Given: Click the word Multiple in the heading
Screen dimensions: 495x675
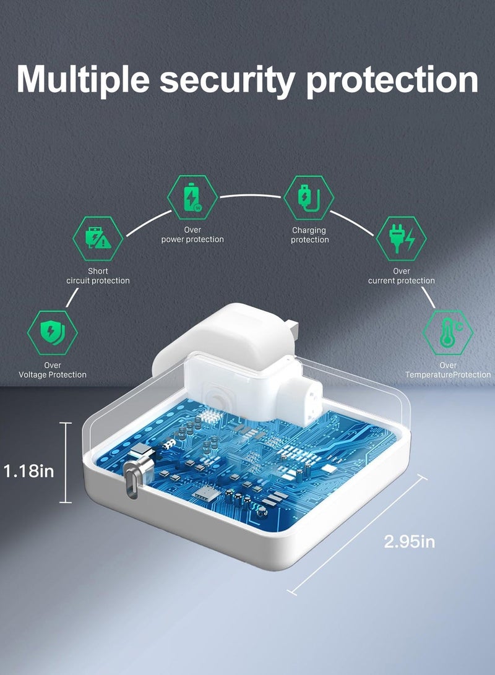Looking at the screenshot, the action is [x=83, y=80].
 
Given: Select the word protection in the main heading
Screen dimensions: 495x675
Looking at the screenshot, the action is [x=392, y=80].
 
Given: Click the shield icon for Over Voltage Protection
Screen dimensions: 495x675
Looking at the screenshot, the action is [x=53, y=332].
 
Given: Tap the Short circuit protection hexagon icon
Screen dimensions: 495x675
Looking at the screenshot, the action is [x=98, y=238].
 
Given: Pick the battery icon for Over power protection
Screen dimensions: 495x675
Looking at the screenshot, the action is [x=192, y=197].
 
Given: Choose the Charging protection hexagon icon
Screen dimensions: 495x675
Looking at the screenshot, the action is [x=309, y=197].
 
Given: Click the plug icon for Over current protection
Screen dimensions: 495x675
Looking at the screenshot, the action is [x=401, y=238].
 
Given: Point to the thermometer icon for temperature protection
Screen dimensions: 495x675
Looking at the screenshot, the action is [x=448, y=332].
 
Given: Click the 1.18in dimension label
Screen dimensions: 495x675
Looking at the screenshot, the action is [x=29, y=471].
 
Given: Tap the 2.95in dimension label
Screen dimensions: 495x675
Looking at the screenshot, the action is [x=410, y=541].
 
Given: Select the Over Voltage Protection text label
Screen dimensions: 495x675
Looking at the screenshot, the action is [x=53, y=370].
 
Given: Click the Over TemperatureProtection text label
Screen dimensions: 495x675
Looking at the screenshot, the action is [x=448, y=370].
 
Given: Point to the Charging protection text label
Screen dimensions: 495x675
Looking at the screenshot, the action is [x=309, y=235].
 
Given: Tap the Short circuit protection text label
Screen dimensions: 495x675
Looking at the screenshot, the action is [x=98, y=276].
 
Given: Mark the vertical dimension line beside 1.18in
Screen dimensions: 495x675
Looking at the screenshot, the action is [x=66, y=463].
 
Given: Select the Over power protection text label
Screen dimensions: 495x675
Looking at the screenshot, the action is [x=192, y=234].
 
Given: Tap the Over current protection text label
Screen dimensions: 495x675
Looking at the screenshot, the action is [x=402, y=276].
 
